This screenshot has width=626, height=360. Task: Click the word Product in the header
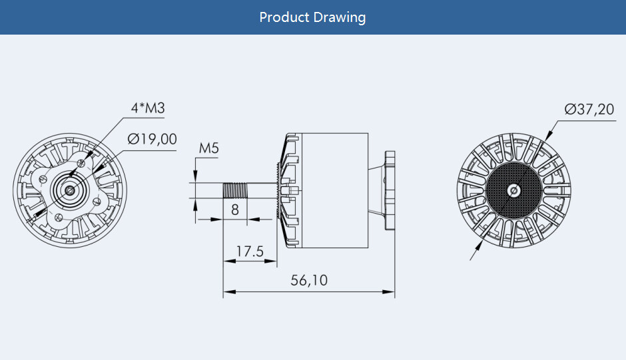pos(285,17)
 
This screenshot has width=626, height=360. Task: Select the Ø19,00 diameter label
pos(153,139)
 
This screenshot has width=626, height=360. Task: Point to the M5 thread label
pos(208,148)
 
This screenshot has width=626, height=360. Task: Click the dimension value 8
pos(234,210)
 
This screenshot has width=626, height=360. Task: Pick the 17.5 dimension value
pos(250,252)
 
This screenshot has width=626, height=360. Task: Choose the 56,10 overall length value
pos(309,281)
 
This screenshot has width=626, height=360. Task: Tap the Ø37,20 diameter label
pos(589,109)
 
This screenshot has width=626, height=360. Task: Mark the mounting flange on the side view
pos(388,190)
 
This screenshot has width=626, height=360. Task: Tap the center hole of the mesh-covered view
pos(513,190)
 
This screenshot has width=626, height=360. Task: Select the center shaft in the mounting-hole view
pos(70,190)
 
